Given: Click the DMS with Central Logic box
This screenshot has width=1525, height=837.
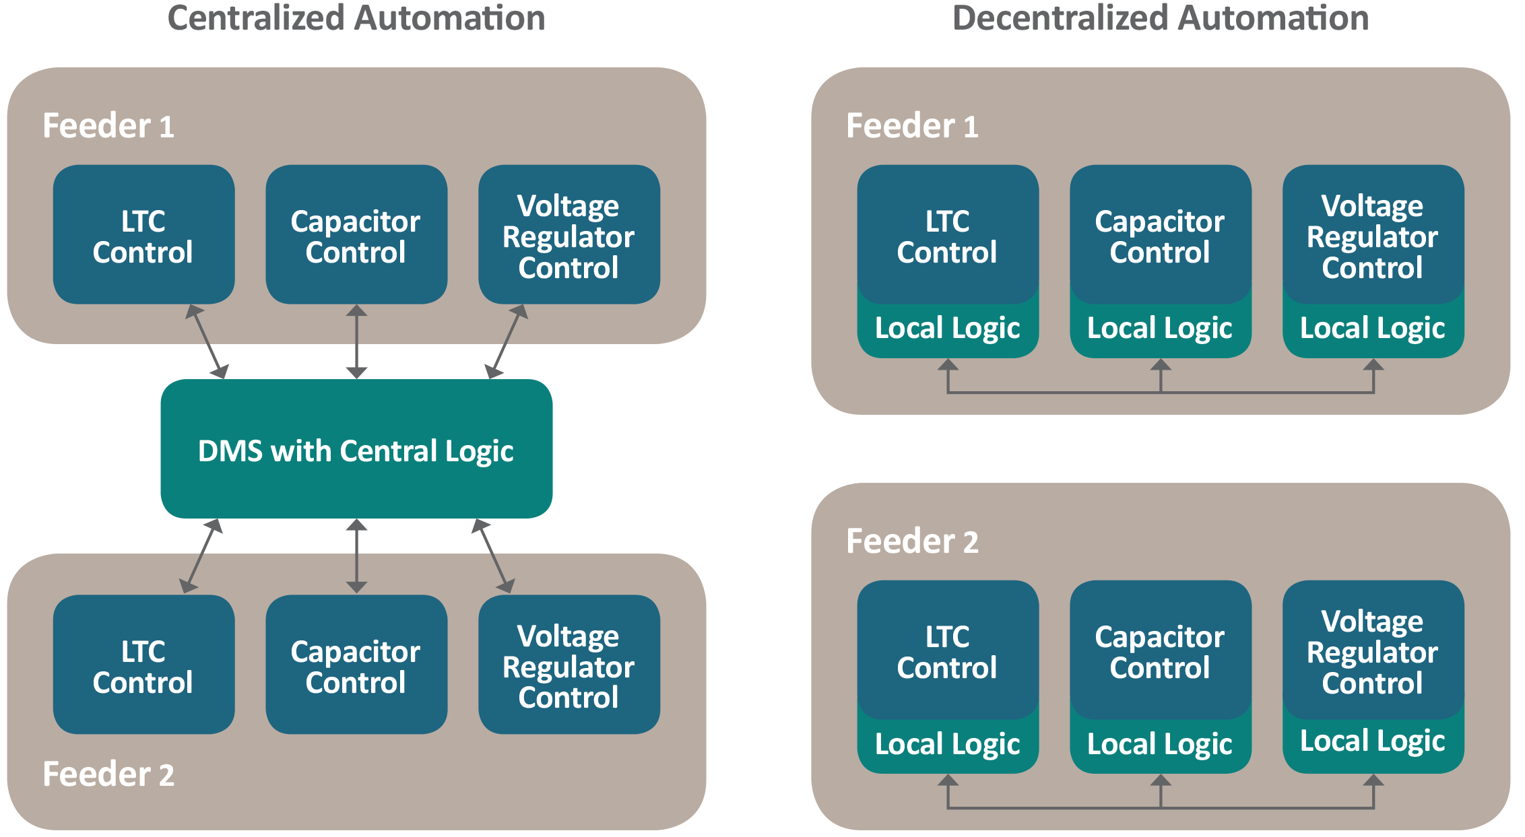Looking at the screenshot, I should click(x=356, y=450).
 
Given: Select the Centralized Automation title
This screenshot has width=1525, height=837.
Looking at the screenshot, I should click(x=356, y=18).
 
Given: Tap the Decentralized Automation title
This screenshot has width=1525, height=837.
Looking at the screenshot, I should click(x=1161, y=18).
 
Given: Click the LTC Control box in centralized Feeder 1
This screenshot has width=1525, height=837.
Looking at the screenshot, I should click(x=143, y=236).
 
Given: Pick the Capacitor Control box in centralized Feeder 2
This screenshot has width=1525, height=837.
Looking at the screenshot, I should click(x=356, y=665).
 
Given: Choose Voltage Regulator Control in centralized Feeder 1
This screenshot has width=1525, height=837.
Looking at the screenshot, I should click(x=569, y=236).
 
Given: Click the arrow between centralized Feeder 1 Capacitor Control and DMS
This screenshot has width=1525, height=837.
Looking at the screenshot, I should click(x=356, y=341).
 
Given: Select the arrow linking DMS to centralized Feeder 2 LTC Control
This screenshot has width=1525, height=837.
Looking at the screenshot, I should click(x=201, y=556).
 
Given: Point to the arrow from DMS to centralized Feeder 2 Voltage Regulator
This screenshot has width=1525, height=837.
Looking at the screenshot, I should click(x=493, y=556).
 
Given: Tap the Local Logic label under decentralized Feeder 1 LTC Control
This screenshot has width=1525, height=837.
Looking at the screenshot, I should click(x=947, y=329).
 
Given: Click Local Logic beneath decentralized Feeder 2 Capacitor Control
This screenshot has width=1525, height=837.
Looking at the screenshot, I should click(x=1160, y=744).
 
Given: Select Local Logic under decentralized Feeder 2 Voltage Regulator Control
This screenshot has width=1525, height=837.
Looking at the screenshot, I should click(x=1373, y=741).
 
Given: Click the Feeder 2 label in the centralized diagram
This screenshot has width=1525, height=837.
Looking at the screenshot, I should click(x=108, y=774).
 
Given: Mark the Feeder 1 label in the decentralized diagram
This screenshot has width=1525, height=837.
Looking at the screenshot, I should click(x=912, y=126).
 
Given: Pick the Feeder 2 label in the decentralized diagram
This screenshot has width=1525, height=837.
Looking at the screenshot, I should click(x=912, y=541).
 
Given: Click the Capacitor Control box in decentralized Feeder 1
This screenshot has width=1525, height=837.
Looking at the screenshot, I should click(x=1160, y=236).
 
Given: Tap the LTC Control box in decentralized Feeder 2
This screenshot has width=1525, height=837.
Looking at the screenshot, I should click(x=947, y=651).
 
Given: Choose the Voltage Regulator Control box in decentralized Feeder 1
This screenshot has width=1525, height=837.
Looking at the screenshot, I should click(x=1373, y=236).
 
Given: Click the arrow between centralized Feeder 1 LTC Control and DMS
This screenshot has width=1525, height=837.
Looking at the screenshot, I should click(x=207, y=341).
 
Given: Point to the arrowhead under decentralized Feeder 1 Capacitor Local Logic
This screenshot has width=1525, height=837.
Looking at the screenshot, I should click(x=1161, y=366).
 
